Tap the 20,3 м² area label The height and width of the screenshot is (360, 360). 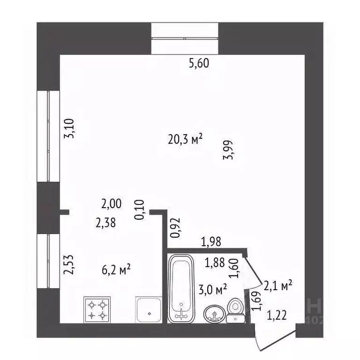click(x=185, y=139)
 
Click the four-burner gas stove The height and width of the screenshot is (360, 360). click(x=97, y=309)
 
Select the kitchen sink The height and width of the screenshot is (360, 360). click(x=149, y=310)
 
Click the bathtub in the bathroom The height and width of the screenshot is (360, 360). click(x=180, y=288)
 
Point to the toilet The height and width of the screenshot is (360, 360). click(x=235, y=311)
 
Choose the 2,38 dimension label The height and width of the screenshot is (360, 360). click(x=105, y=224)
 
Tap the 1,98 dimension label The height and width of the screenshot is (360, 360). click(x=211, y=242)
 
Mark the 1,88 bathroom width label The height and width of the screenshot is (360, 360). click(x=214, y=263)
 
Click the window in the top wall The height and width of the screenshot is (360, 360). click(x=185, y=38)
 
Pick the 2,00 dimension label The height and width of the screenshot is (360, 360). click(x=112, y=204)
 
